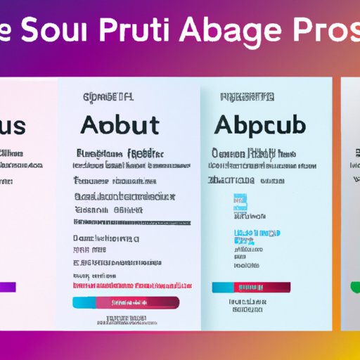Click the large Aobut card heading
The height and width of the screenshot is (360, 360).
click(x=120, y=126)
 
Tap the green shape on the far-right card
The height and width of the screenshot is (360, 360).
click(x=355, y=286)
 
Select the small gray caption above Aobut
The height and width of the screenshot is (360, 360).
click(x=109, y=98)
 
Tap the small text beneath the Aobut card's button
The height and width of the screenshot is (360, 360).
click(x=130, y=320)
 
